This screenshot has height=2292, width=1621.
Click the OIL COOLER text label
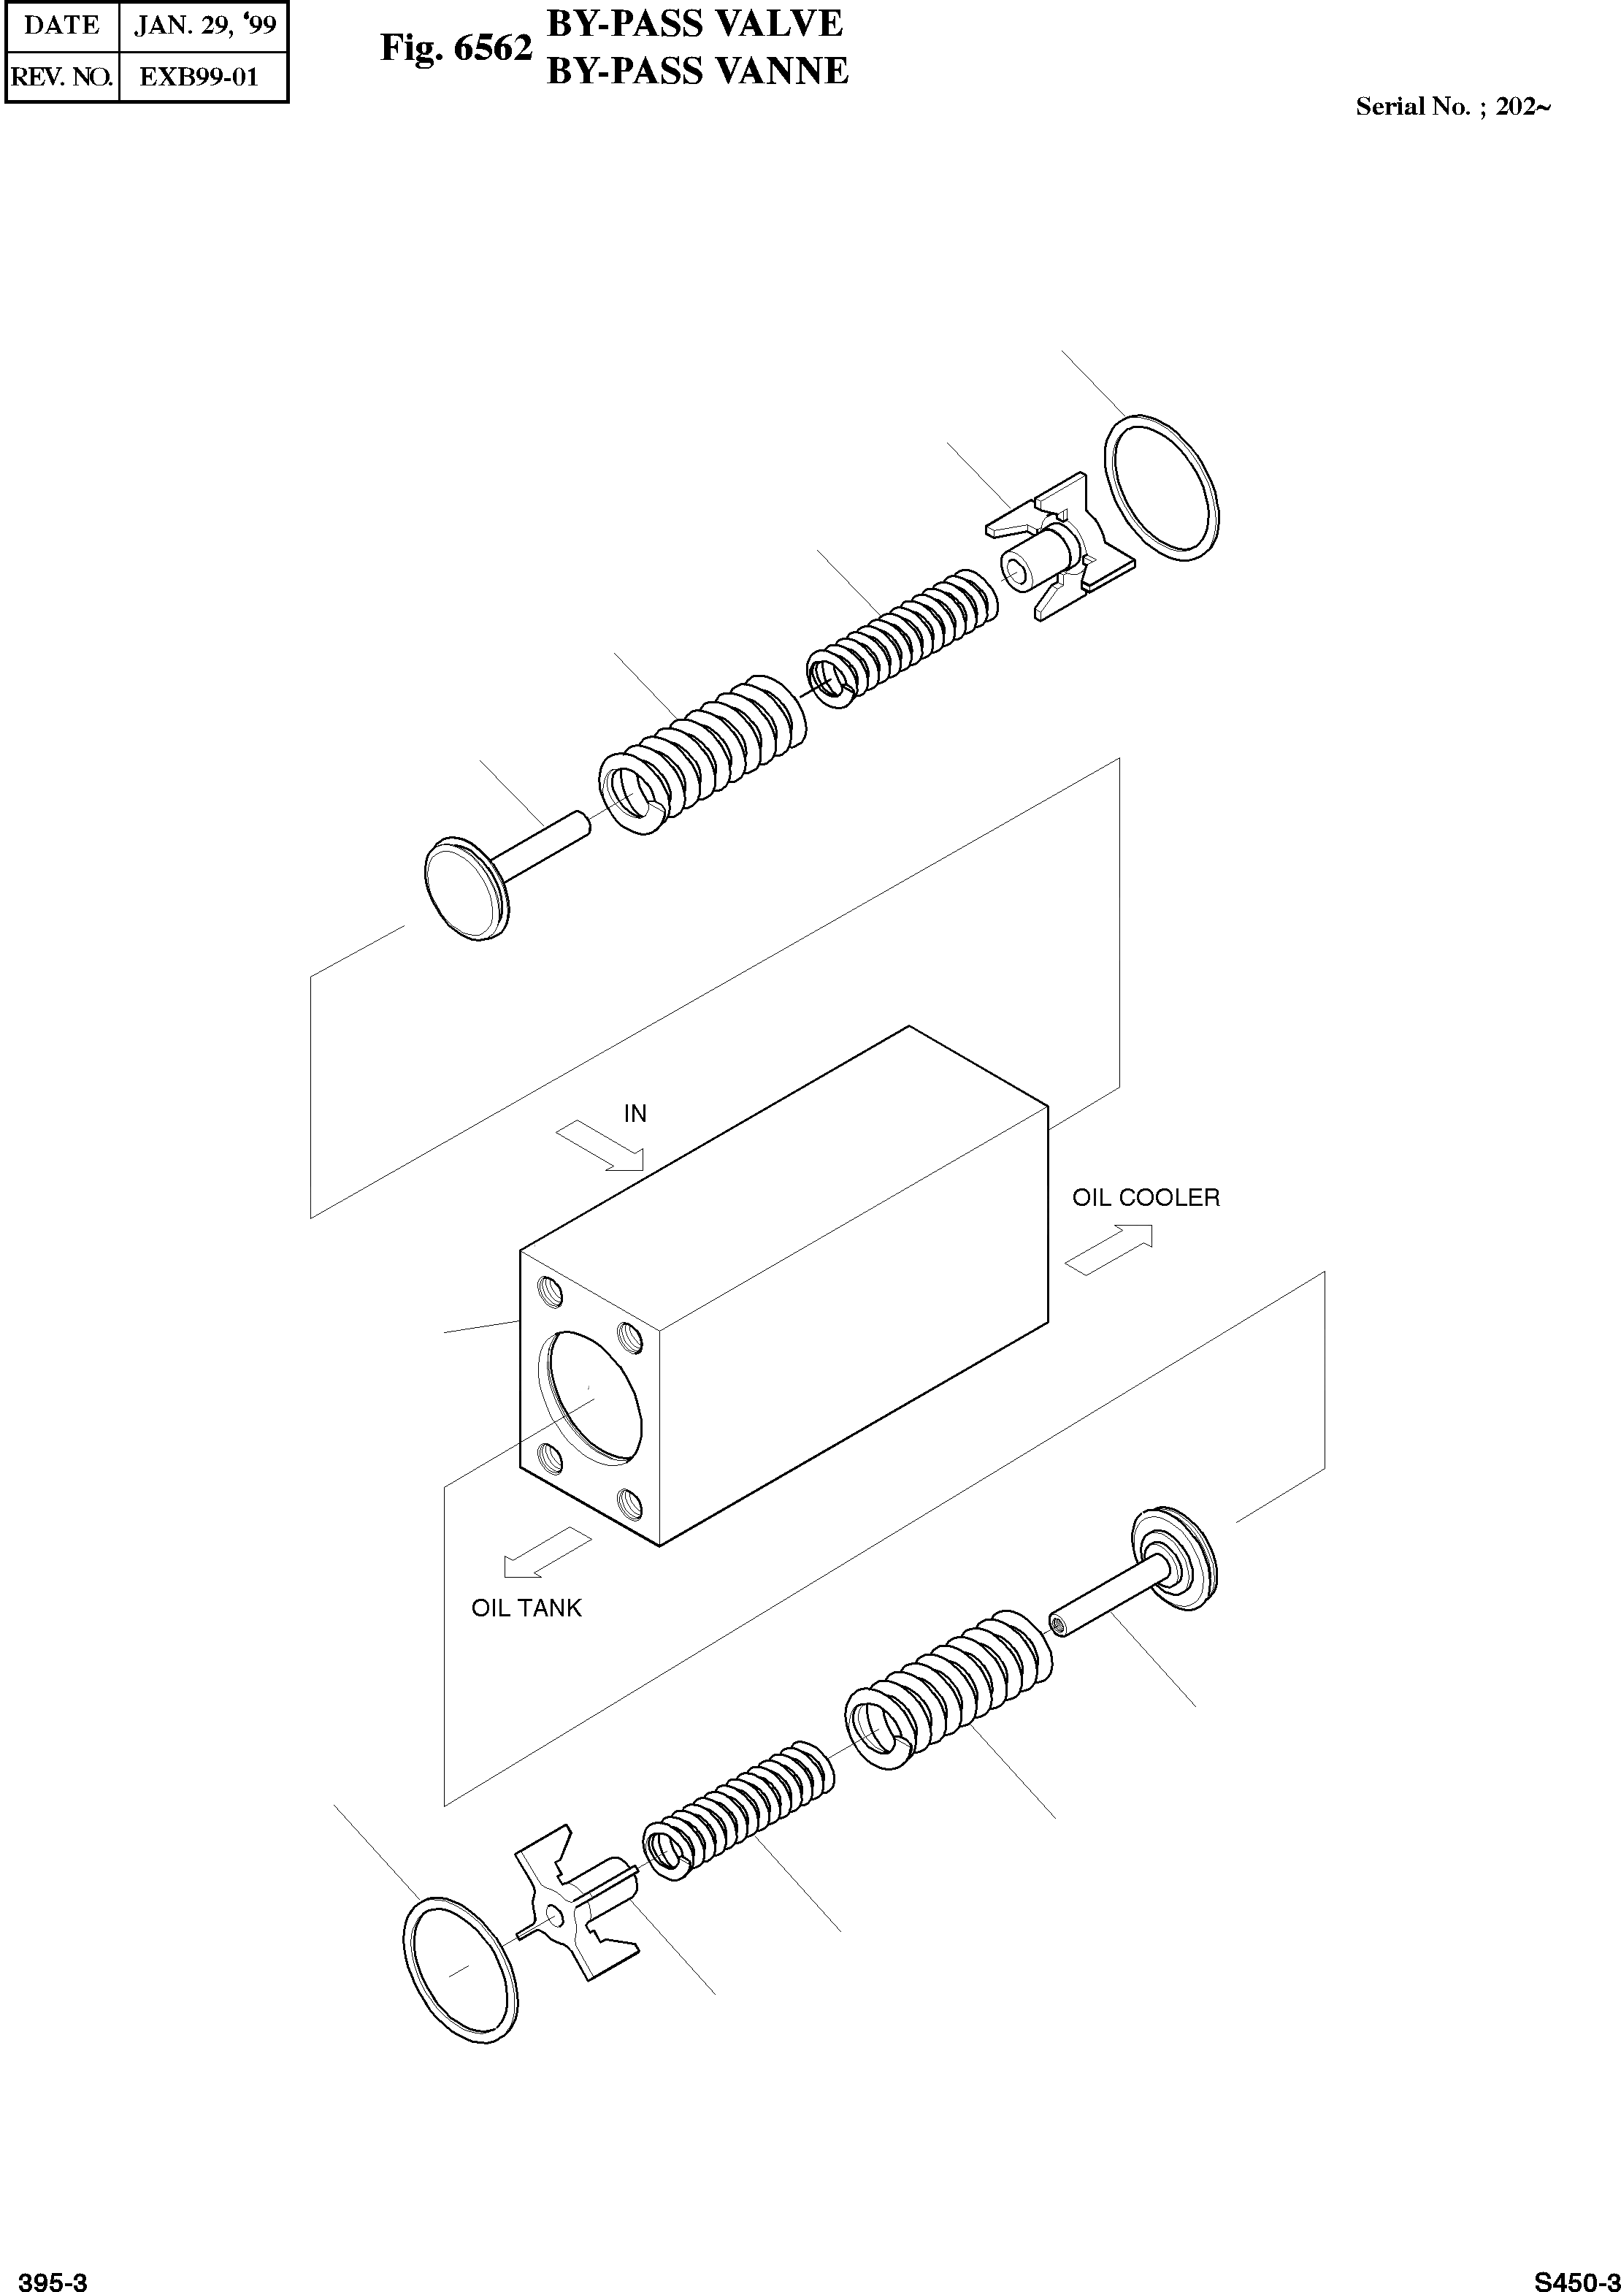coord(1145,1198)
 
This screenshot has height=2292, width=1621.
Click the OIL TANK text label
coord(526,1608)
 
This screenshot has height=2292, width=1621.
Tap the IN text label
coord(635,1114)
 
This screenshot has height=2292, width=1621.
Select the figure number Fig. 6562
coord(456,48)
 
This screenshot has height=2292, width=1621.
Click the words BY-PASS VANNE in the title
coord(698,71)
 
